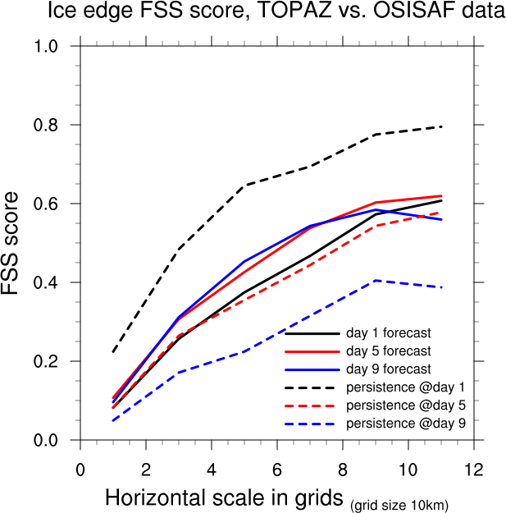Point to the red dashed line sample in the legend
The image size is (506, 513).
click(x=312, y=405)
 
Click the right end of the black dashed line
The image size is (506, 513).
click(x=441, y=126)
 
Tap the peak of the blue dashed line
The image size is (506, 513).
click(x=376, y=281)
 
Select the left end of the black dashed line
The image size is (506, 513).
click(x=113, y=352)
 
